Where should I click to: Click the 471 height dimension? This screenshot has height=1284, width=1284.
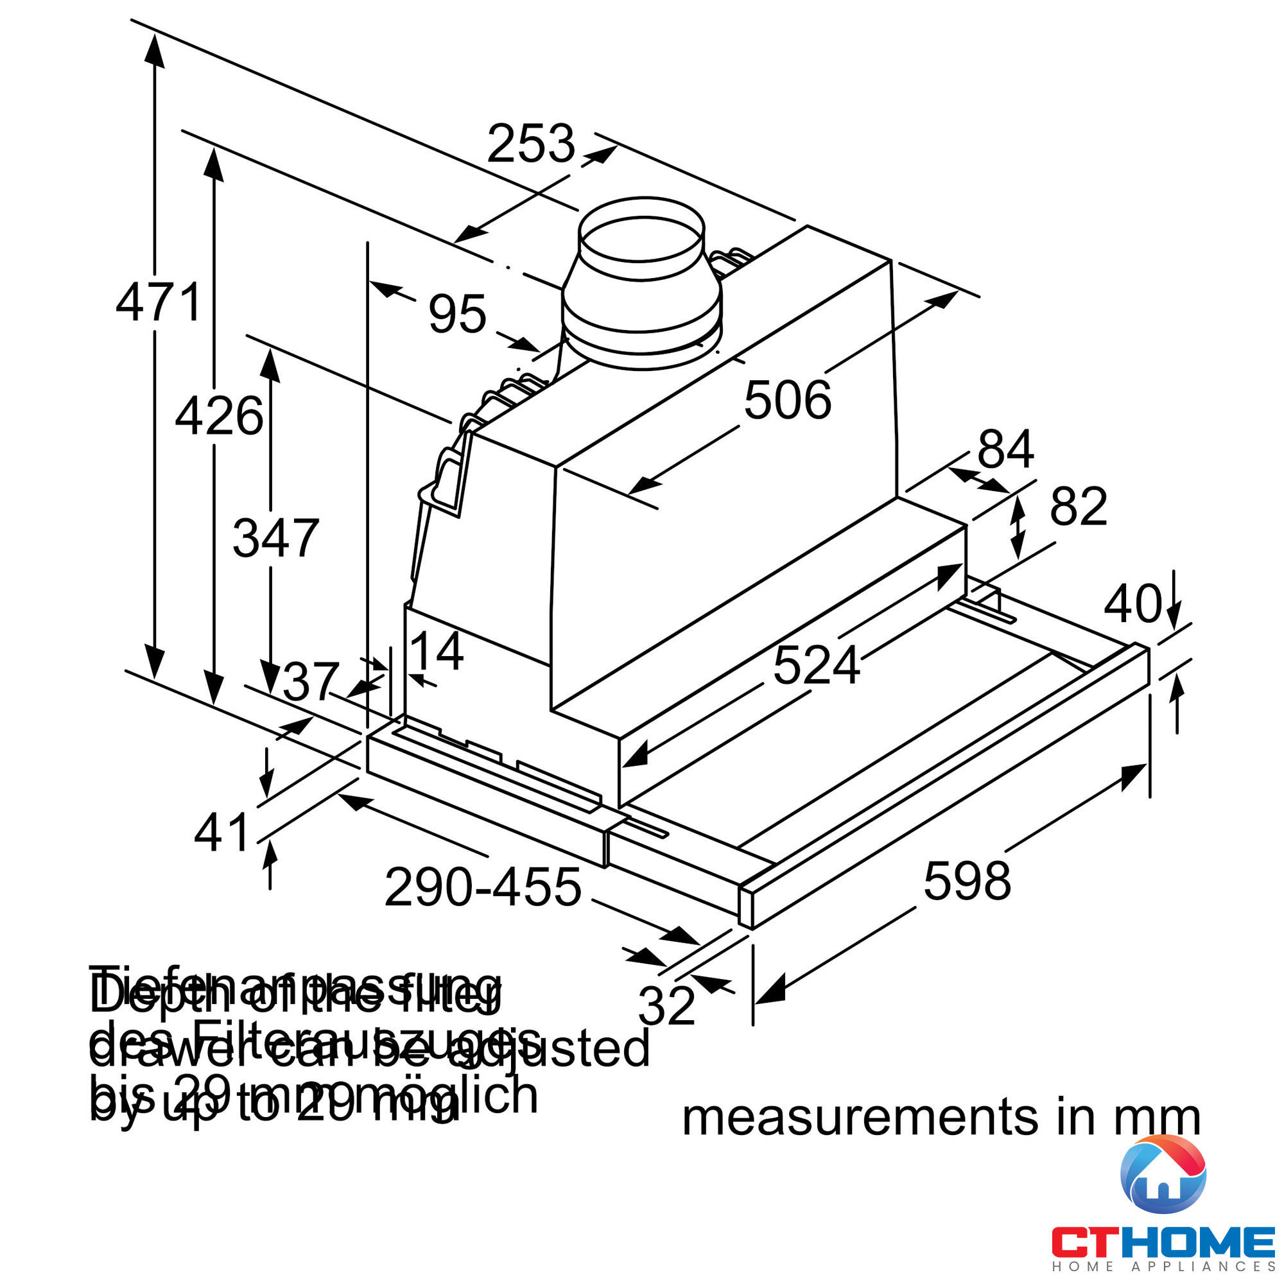159,302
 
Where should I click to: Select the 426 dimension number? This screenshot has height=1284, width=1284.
219,417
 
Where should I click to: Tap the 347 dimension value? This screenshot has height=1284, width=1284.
275,539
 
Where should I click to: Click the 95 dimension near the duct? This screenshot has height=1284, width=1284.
456,314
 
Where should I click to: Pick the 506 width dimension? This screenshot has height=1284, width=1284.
787,400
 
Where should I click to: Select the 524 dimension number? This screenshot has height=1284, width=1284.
816,666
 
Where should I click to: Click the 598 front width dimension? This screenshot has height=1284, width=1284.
967,881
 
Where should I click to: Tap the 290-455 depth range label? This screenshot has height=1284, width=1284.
483,888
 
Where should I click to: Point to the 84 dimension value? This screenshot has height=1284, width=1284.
1005,450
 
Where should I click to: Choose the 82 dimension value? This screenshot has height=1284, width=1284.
1078,507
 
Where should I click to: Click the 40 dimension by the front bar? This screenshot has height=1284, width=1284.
1132,604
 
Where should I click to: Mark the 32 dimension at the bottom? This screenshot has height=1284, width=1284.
666,1006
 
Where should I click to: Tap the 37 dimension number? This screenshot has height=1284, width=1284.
310,682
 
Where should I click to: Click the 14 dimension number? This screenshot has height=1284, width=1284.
436,652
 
